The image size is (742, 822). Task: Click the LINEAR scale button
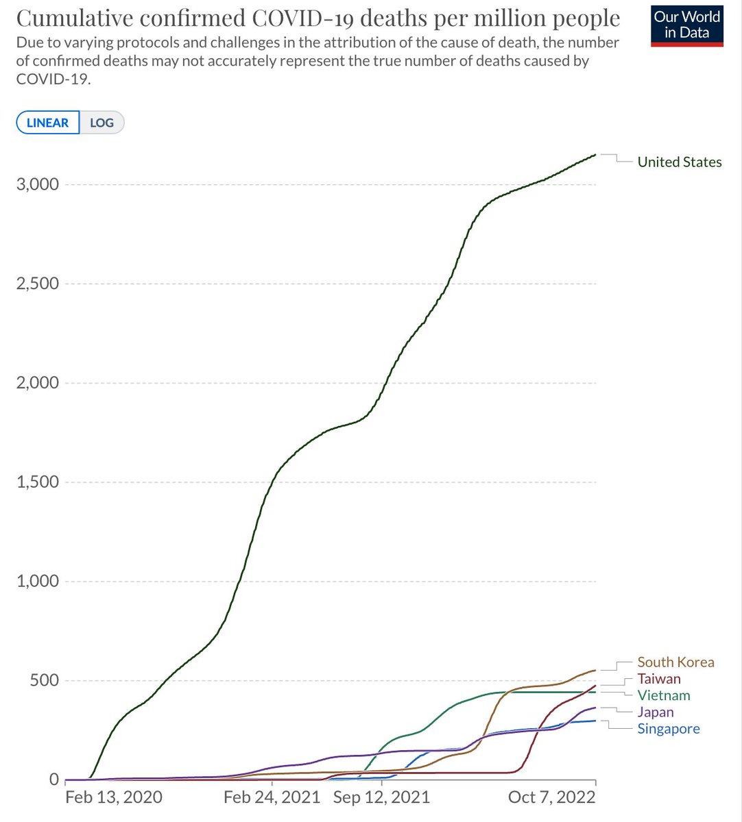tap(48, 123)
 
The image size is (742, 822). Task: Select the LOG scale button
tap(101, 123)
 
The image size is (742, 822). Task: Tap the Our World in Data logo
tap(687, 25)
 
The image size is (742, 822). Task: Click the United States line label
tap(679, 162)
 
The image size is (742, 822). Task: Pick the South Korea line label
tap(675, 662)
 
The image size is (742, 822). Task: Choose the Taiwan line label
tap(659, 679)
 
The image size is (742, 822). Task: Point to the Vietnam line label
tap(663, 695)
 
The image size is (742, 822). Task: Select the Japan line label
tap(656, 712)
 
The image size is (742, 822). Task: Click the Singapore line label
tap(669, 729)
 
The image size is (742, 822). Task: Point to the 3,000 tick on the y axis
tap(37, 185)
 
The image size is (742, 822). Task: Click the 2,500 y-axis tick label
tap(37, 284)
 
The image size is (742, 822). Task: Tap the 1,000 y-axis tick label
tap(37, 581)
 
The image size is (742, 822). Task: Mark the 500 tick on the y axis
tap(45, 680)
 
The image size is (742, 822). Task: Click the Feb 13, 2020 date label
tap(114, 797)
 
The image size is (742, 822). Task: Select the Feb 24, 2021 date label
tap(272, 797)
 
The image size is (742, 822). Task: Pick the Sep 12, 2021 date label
tap(381, 797)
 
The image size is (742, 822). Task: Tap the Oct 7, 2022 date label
tap(551, 797)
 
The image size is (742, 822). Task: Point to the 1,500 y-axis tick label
tap(37, 482)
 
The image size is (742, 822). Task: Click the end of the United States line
tap(595, 155)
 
